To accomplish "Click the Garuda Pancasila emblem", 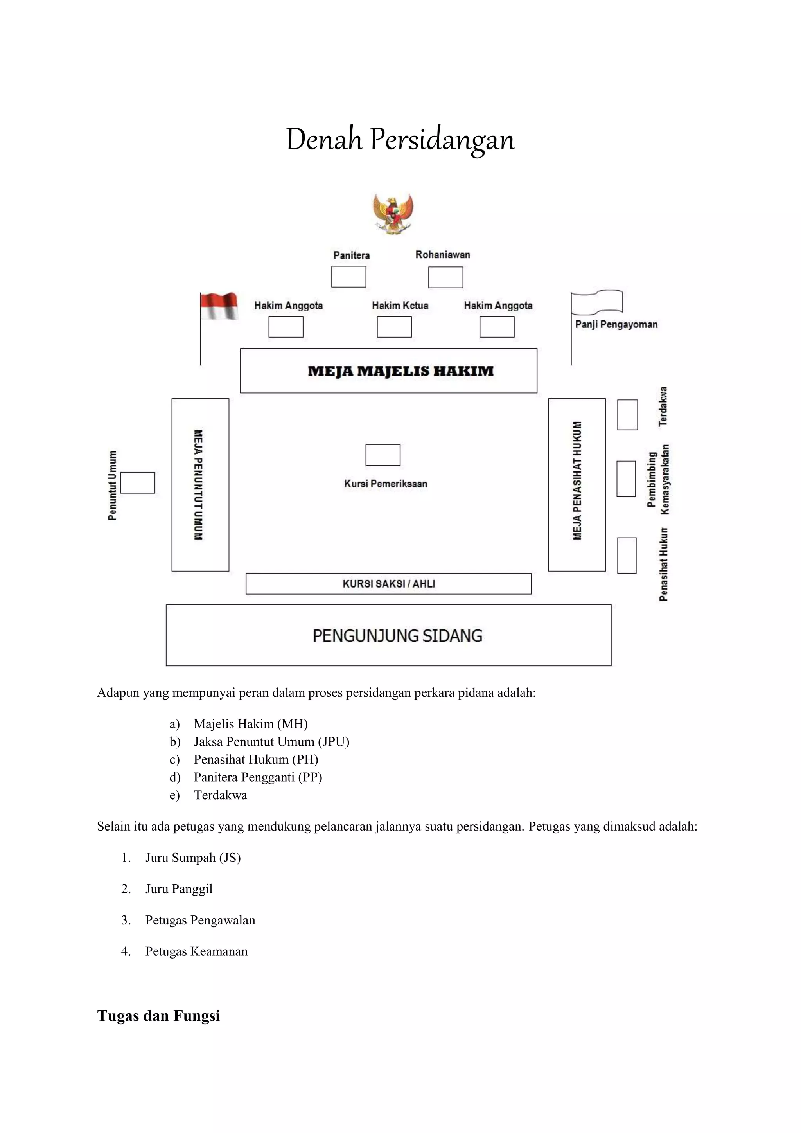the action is (393, 213).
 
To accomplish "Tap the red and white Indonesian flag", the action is (219, 306).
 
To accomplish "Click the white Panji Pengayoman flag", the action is (597, 302).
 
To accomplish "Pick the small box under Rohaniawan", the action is (445, 277).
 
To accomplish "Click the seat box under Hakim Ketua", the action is (394, 327).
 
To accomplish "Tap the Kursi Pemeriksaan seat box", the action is (383, 455).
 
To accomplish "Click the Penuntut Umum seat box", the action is (138, 483).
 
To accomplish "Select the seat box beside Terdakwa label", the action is (627, 415).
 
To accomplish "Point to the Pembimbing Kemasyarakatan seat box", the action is (626, 478).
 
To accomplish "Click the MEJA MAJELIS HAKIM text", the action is (400, 371).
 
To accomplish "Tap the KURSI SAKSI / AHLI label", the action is (389, 584).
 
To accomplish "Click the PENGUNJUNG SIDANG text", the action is (397, 636).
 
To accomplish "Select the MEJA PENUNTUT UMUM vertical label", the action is (198, 485).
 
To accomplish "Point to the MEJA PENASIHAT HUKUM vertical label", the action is (577, 481).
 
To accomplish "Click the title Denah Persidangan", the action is (400, 140).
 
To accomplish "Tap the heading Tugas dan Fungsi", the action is (158, 1016).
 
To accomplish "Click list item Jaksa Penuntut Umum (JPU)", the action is (271, 742).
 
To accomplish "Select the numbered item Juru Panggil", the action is (179, 889).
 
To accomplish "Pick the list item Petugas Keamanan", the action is (196, 951).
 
